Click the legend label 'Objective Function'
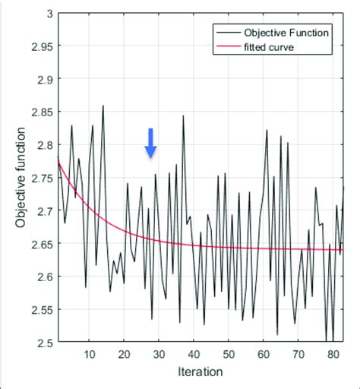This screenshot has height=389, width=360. coord(286,33)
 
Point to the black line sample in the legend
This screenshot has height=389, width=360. coord(226,33)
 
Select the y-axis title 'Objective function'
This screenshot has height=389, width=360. coord(21,179)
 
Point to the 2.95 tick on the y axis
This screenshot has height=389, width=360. coord(39,46)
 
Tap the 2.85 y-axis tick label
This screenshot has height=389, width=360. coord(39,112)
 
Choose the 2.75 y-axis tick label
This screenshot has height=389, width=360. coord(39,178)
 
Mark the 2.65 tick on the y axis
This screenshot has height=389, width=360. coord(39,244)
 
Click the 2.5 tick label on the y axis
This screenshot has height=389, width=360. coord(43,343)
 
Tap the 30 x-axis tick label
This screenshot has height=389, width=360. coord(159,354)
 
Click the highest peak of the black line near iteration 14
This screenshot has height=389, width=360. coord(103,106)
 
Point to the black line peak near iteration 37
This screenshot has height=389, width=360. coord(183,115)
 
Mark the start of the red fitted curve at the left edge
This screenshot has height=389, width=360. coord(58,160)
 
